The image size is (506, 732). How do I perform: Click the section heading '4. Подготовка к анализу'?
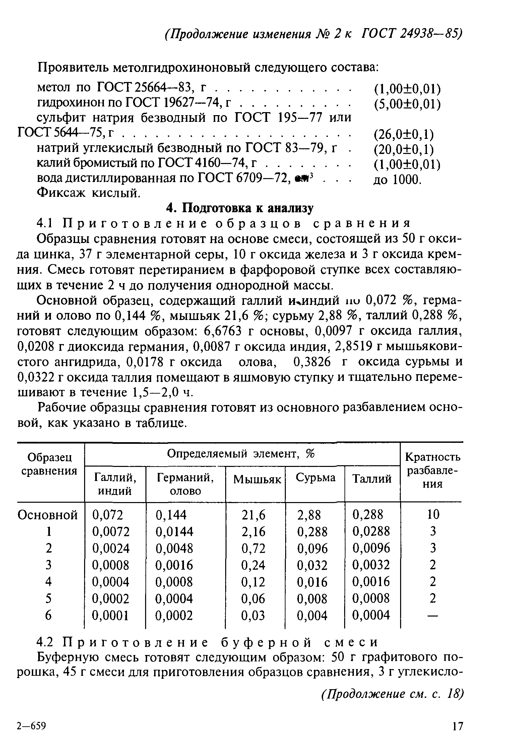coord(240,208)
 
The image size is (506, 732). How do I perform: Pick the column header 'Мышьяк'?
coord(257,479)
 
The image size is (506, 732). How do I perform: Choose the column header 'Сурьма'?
coord(315,478)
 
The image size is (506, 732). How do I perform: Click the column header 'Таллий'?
coord(372,479)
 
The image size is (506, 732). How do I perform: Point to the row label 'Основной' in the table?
coord(48,515)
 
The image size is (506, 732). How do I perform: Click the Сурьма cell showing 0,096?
coord(312,548)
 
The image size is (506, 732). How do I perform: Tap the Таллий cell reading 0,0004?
coord(371,615)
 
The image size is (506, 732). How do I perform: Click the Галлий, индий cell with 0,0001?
coord(111,615)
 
